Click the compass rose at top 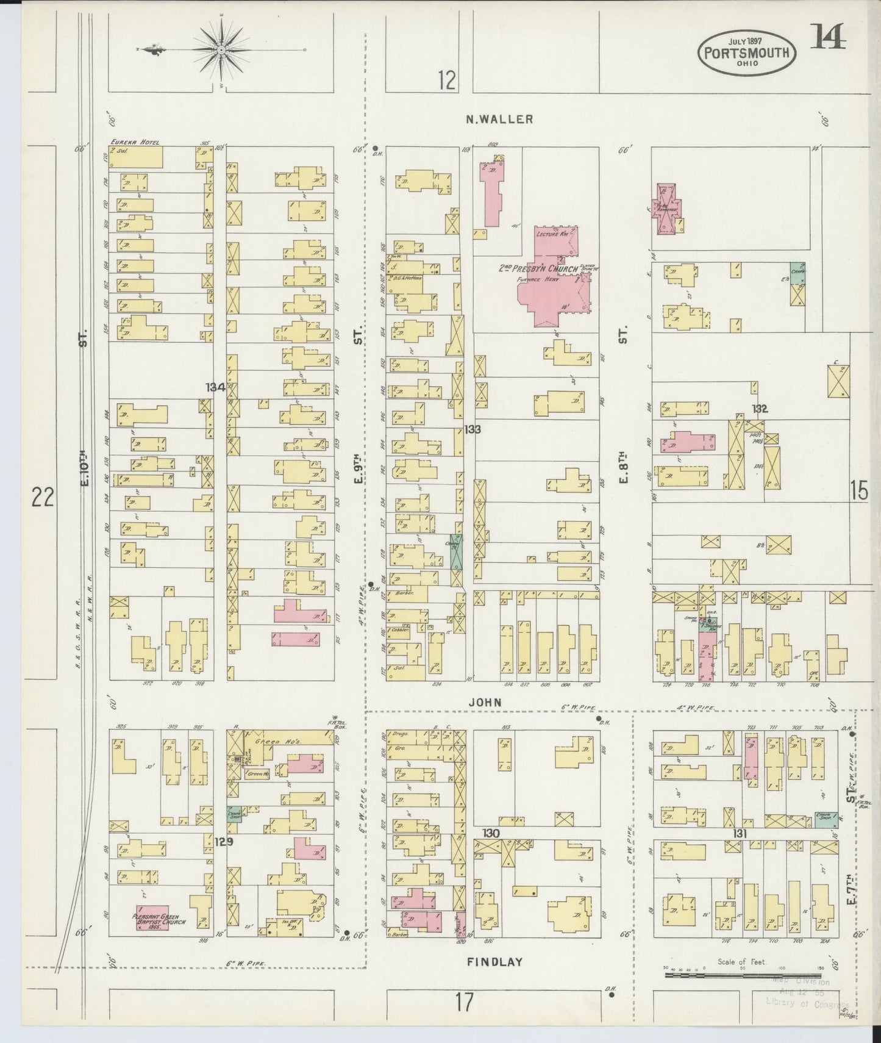click(220, 49)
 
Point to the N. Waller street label click(499, 120)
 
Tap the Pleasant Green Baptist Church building click(152, 918)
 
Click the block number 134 click(215, 387)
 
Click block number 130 click(491, 833)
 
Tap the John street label click(485, 702)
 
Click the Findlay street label click(494, 962)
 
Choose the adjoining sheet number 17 click(465, 1002)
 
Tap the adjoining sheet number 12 click(447, 80)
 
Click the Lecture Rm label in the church click(552, 234)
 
